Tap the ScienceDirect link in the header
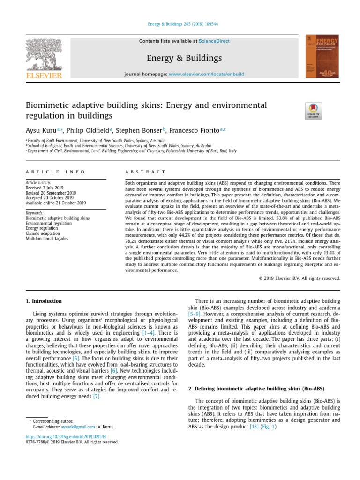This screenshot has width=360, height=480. point(214,41)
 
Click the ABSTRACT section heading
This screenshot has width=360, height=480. point(146,172)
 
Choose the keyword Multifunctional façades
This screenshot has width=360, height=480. point(47,239)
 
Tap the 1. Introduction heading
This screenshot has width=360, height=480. point(44,301)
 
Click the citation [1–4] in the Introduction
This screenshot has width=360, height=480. point(150,332)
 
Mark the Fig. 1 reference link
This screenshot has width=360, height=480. point(270,427)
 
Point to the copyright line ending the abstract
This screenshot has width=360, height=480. point(300,278)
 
